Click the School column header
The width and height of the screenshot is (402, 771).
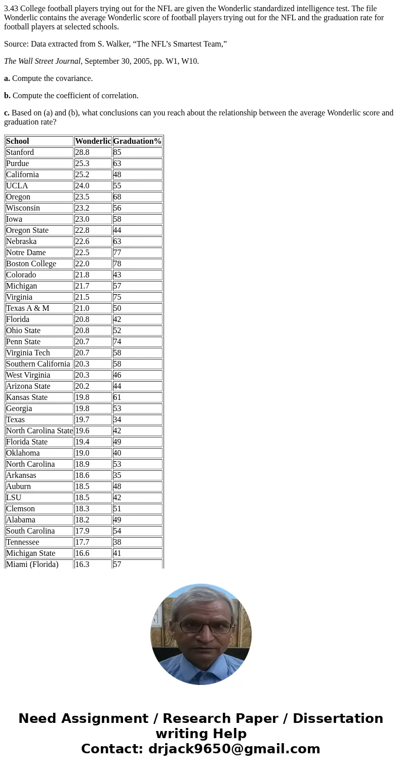point(18,141)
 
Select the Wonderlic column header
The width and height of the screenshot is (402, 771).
point(93,141)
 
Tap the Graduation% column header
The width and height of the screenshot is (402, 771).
point(137,141)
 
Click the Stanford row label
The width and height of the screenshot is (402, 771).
point(20,152)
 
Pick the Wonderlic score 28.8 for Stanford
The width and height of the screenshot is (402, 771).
point(82,152)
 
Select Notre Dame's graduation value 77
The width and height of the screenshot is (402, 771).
point(117,253)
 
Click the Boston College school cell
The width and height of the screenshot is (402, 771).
point(31,264)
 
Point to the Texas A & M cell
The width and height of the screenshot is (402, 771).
point(28,308)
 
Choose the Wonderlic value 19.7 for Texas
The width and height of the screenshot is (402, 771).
point(82,420)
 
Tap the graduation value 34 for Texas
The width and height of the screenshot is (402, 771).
point(117,420)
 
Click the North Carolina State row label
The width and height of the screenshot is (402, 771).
point(39,431)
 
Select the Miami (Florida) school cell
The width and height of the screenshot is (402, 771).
point(32,564)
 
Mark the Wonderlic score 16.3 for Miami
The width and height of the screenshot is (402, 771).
point(82,564)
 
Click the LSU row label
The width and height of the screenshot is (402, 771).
point(14,498)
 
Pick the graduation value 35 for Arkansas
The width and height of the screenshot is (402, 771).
point(117,475)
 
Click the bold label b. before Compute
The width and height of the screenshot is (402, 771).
point(7,96)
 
